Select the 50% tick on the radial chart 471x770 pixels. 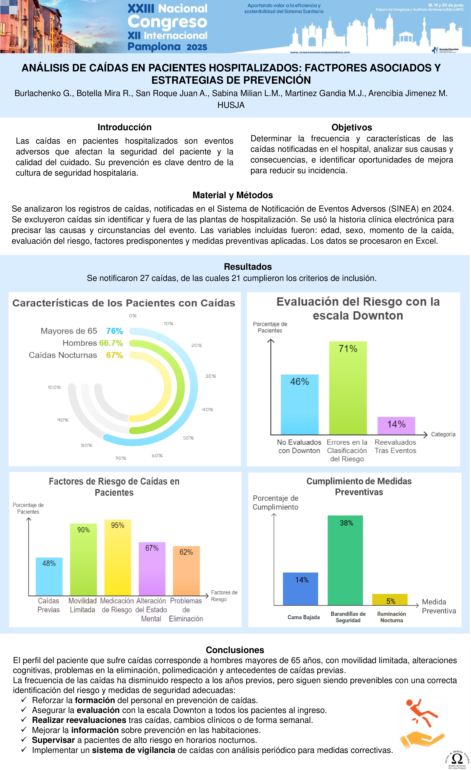pos(188,438)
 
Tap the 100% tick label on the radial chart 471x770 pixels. pos(54,387)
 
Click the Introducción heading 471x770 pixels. pos(124,127)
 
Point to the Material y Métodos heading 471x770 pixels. pos(232,195)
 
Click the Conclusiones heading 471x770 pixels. pos(235,650)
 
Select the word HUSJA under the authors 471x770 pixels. pos(231,105)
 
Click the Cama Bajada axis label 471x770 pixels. pos(303,617)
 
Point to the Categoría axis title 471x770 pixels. pos(443,434)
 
